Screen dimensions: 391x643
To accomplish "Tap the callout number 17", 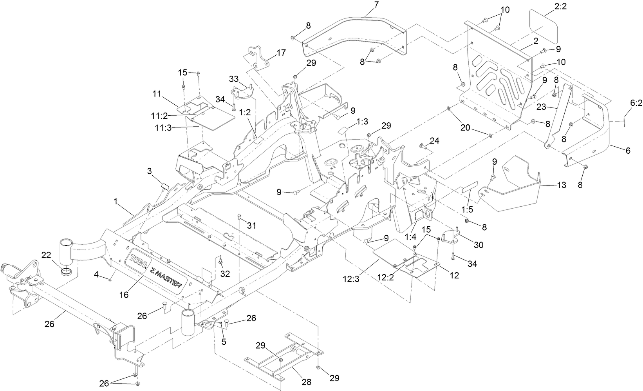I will coord(281,53).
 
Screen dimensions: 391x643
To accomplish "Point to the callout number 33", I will coord(234,79).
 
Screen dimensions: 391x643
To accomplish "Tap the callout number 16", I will coord(124,295).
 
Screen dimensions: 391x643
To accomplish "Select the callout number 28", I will coord(307,382).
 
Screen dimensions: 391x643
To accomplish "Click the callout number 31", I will coord(251,226).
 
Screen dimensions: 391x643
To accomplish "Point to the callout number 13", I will coord(561,185).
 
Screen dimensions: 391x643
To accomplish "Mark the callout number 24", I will coord(435,140).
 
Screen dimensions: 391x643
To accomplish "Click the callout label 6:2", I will coord(636,104).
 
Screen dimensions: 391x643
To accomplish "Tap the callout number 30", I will coord(478,245).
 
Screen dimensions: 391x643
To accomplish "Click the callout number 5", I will coord(224,342).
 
